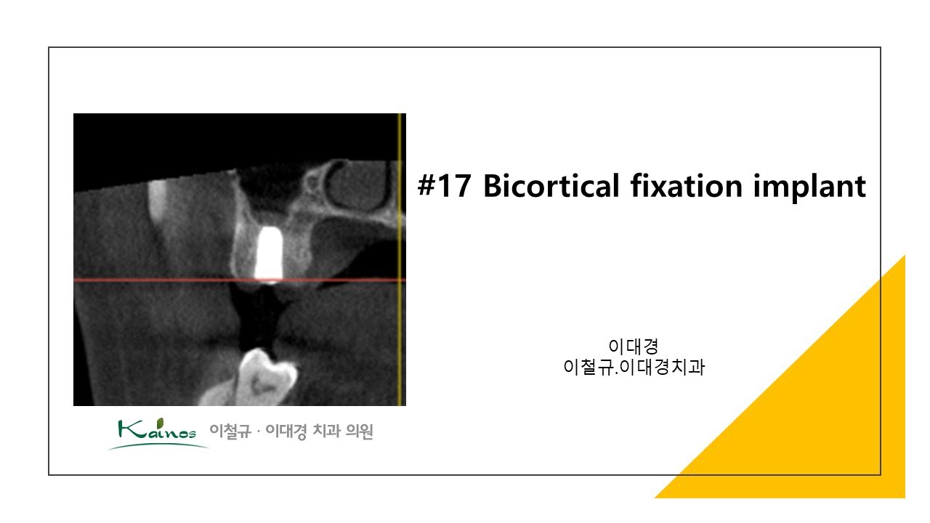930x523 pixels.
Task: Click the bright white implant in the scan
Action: tap(269, 254)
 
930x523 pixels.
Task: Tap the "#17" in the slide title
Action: tap(444, 187)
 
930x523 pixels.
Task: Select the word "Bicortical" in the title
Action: tap(549, 187)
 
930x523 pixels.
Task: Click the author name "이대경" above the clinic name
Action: tap(634, 346)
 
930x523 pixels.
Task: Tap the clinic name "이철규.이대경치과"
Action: tap(634, 368)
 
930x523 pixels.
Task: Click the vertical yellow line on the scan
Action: tap(400, 327)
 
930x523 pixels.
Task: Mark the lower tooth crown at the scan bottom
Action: tap(265, 374)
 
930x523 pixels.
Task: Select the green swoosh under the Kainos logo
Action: tap(156, 445)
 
